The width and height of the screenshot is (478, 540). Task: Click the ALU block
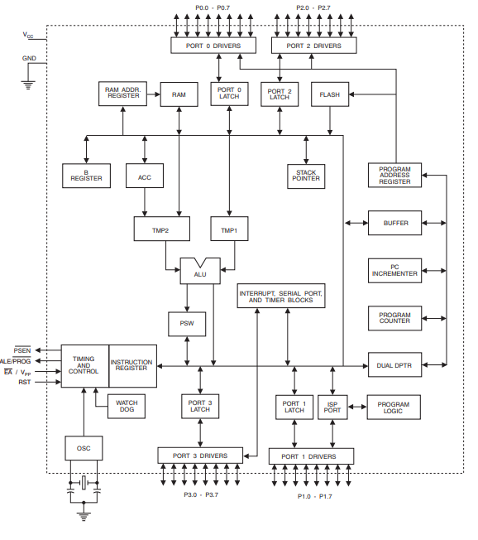[x=200, y=271]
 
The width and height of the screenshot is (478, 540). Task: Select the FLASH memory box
[x=330, y=94]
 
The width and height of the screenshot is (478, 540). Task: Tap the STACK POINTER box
[x=306, y=176]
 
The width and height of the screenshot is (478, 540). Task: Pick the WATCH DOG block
[x=127, y=407]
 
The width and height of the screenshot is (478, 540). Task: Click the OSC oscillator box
[x=84, y=448]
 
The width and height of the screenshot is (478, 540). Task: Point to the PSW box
[x=187, y=324]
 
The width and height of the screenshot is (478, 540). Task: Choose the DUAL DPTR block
[x=394, y=364]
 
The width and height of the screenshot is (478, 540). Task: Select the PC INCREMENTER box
[x=394, y=271]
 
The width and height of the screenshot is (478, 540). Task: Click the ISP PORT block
[x=332, y=407]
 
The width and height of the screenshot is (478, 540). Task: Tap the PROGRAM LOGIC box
[x=394, y=407]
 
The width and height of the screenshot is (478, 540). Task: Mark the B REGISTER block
[x=86, y=176]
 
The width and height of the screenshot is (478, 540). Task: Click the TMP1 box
[x=229, y=229]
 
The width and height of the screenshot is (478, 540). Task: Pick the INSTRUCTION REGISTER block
[x=133, y=366]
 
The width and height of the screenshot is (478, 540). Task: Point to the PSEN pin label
[x=22, y=350]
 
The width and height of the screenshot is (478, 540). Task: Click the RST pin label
[x=25, y=382]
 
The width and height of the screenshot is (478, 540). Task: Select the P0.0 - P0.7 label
[x=213, y=7]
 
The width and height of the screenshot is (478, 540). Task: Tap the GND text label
[x=29, y=58]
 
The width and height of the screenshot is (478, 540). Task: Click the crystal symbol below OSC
[x=84, y=483]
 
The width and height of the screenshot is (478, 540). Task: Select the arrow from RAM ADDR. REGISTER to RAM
[x=153, y=94]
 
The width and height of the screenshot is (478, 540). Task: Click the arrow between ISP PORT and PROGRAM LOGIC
[x=357, y=407]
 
